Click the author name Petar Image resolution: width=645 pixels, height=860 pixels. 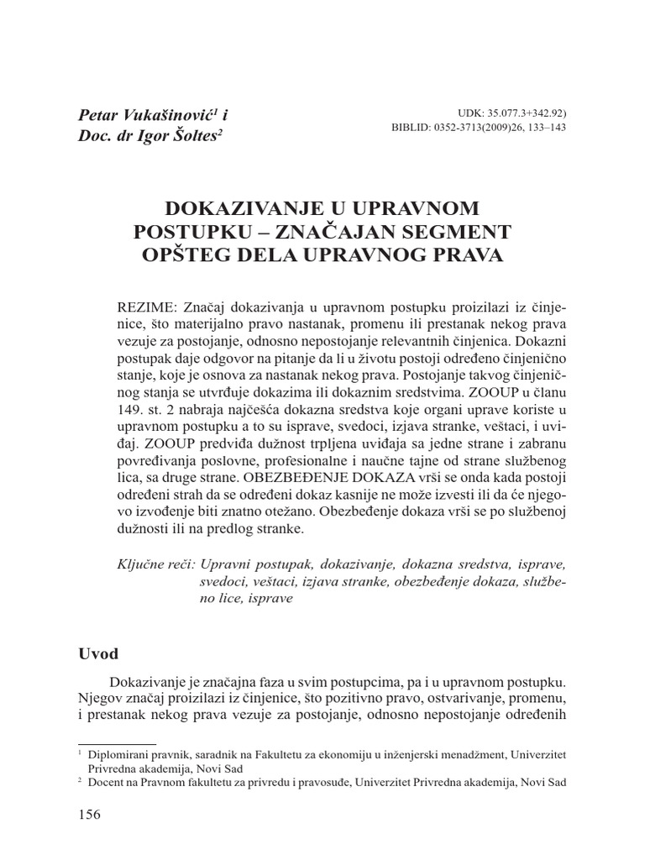[99, 115]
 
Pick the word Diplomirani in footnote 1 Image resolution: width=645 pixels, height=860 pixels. [113, 753]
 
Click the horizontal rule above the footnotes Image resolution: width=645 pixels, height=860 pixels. [105, 742]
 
